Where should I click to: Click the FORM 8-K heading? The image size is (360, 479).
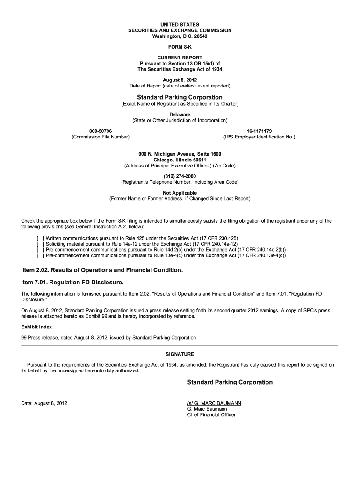click(180, 48)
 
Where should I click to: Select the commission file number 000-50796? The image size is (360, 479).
click(101, 130)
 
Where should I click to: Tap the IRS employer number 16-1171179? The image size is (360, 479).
click(259, 130)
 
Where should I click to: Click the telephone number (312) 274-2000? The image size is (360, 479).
click(180, 176)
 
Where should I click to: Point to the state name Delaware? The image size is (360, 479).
click(180, 114)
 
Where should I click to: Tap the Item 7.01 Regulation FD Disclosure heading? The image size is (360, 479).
click(73, 283)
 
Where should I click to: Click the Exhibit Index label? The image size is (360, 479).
click(36, 327)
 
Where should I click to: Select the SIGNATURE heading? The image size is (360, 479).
click(180, 354)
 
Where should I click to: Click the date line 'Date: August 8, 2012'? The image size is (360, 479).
click(44, 403)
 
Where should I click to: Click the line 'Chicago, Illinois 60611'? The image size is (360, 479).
click(180, 160)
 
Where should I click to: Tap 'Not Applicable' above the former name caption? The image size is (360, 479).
click(180, 193)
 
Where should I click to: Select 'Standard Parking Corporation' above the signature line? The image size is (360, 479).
click(230, 382)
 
